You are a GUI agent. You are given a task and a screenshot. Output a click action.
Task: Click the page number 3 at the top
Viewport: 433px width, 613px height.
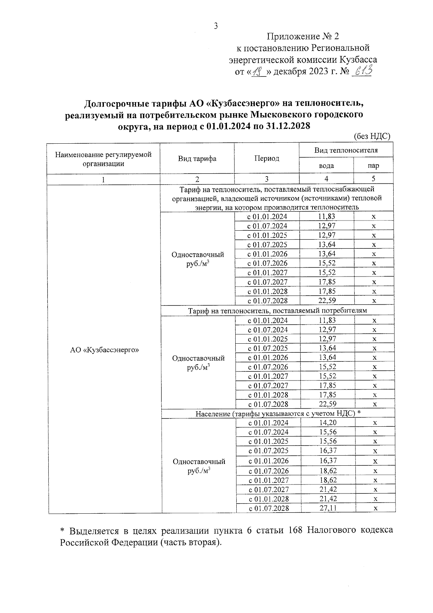tap(216, 26)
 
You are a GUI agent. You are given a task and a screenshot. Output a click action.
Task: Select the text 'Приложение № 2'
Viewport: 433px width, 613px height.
tap(303, 36)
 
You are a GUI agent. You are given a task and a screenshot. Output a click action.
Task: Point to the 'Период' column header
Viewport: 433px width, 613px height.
tap(267, 158)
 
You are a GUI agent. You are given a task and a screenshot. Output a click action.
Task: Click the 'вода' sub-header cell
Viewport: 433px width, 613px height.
tap(326, 166)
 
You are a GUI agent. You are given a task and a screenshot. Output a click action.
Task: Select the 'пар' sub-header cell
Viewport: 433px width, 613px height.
tap(373, 166)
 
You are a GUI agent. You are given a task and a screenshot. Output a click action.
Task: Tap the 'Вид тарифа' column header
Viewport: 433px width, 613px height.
tap(197, 158)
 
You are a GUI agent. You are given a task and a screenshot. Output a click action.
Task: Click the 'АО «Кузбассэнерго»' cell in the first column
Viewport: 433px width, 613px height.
tap(104, 349)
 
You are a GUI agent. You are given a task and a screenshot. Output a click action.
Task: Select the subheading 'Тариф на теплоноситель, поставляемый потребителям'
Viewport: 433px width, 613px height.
tap(277, 310)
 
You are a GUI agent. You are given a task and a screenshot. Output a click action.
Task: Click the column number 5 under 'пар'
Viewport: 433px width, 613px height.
tap(373, 179)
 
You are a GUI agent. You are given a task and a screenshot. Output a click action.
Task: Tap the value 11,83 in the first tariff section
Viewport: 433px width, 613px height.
tap(327, 217)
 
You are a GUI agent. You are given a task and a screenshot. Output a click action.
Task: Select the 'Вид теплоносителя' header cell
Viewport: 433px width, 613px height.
tap(346, 150)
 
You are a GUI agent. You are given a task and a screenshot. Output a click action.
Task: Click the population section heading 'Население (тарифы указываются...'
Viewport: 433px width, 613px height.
tap(278, 413)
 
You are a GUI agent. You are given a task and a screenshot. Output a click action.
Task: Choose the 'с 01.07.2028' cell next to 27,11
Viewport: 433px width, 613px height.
tap(268, 508)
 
